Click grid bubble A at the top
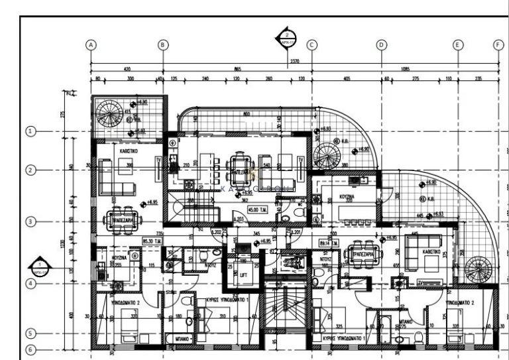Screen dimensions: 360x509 point(91,44)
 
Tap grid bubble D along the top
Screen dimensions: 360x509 point(381,44)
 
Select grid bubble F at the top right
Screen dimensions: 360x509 point(499,44)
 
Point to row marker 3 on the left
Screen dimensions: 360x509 point(30,221)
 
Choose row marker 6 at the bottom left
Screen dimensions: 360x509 point(30,349)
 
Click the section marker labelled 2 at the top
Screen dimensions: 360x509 point(286,38)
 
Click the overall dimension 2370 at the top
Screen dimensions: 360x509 point(294,61)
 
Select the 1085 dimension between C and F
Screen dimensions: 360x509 point(404,69)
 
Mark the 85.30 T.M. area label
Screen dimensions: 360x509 point(152,241)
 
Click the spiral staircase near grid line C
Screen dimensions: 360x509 point(325,157)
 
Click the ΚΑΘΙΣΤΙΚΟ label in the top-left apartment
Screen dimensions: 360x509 point(129,152)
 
